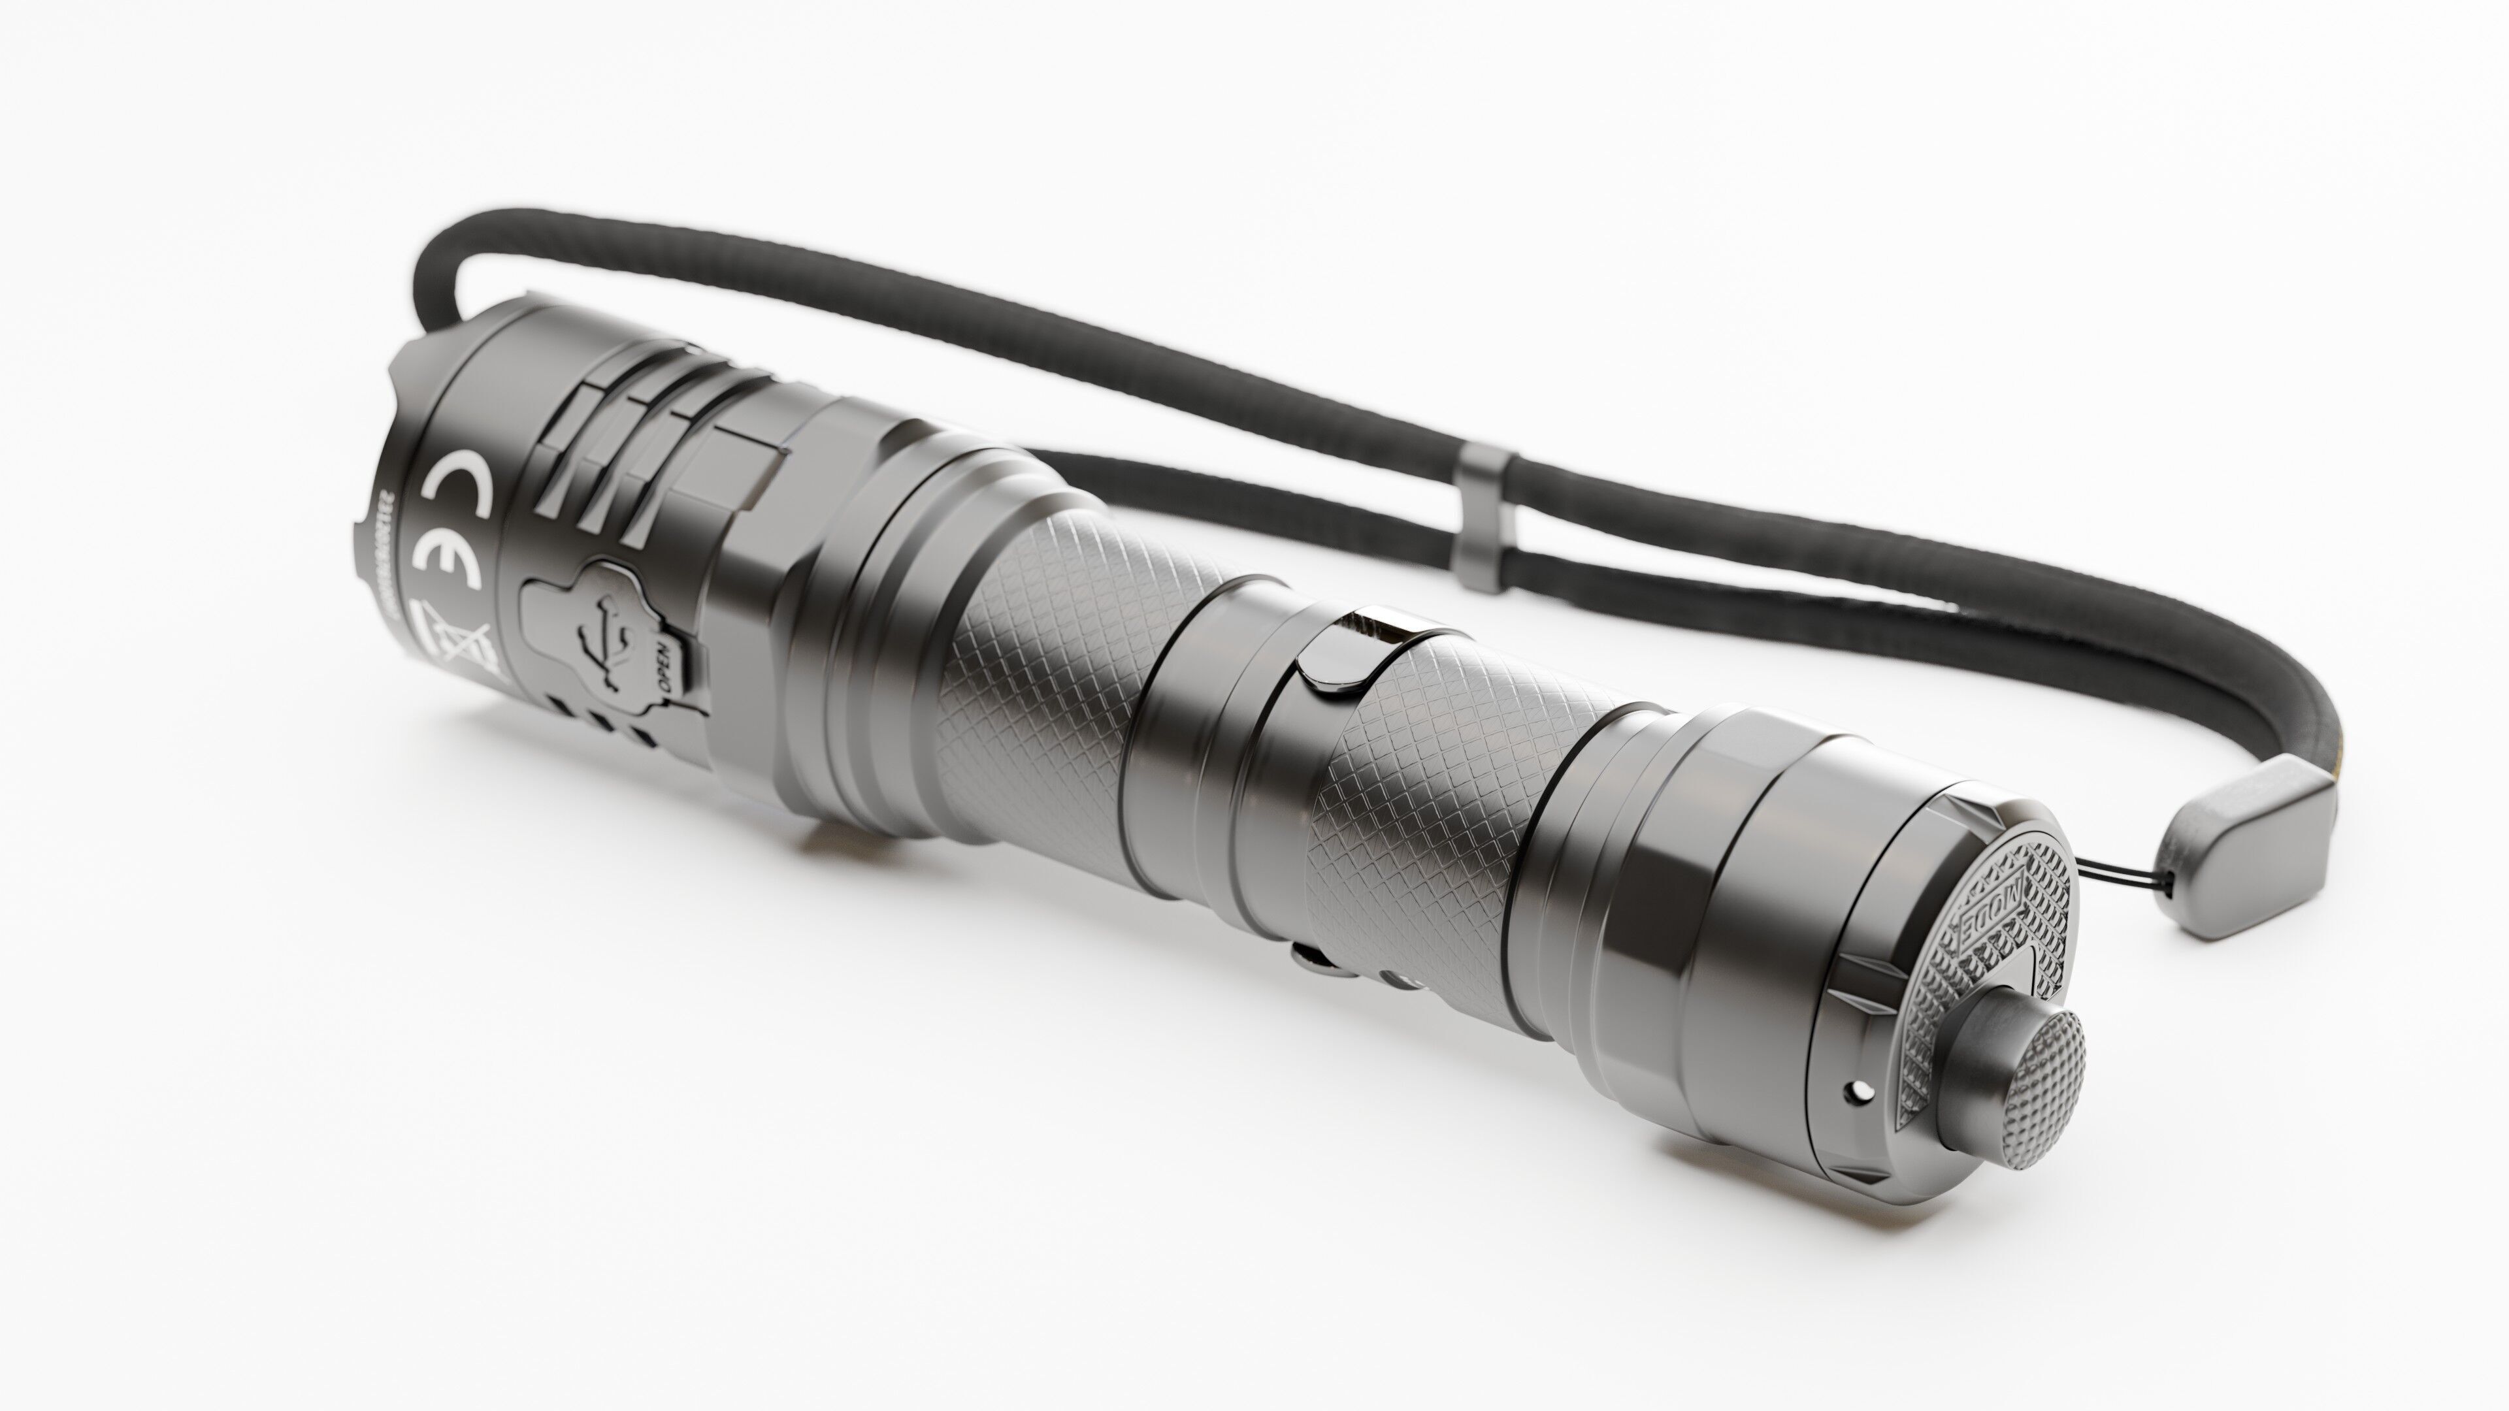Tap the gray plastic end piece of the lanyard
(2244, 847)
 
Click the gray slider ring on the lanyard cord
(1483, 520)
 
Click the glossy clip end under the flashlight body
(1315, 959)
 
